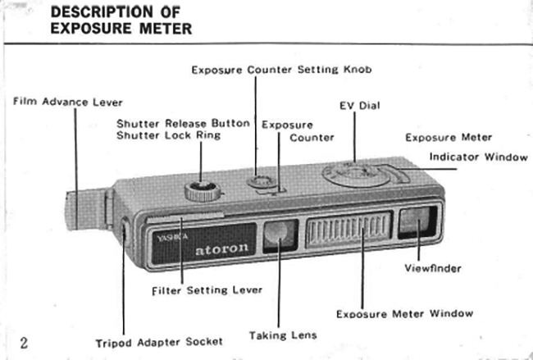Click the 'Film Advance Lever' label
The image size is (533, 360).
[68, 103]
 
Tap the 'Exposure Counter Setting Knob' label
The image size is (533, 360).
[281, 70]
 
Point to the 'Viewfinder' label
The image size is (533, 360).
[433, 268]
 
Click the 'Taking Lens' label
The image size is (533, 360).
[283, 335]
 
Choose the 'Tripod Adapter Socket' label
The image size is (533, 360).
[158, 341]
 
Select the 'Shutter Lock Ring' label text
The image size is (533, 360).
[168, 135]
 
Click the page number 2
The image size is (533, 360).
[24, 342]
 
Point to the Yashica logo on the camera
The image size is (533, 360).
[166, 239]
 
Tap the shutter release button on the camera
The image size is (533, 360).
[201, 193]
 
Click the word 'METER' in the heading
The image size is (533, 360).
[162, 30]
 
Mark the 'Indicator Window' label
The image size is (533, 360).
[479, 157]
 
